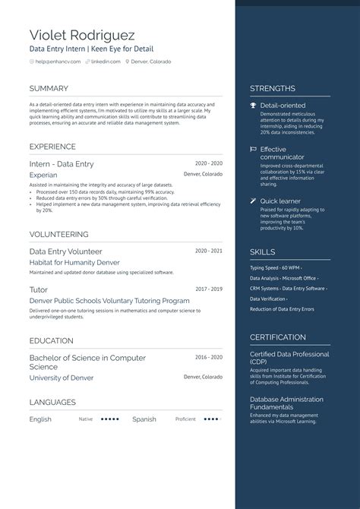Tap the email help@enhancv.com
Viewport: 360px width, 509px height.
51,62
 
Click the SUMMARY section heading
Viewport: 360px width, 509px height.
49,88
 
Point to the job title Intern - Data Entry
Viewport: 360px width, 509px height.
62,163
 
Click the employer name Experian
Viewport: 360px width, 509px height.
43,175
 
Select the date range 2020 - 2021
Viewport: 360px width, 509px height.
208,251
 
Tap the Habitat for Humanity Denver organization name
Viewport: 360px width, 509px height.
74,262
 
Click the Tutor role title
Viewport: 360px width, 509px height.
39,289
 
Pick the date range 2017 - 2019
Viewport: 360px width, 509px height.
208,289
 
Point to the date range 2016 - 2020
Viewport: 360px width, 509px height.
208,357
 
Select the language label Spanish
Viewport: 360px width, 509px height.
144,419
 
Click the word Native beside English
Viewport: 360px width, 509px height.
86,419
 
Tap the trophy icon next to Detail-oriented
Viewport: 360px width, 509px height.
254,106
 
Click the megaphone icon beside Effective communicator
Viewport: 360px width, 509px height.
254,150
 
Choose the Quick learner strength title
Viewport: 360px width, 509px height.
280,201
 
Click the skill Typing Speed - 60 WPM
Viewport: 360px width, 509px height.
276,267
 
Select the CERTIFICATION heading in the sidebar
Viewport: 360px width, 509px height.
278,337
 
